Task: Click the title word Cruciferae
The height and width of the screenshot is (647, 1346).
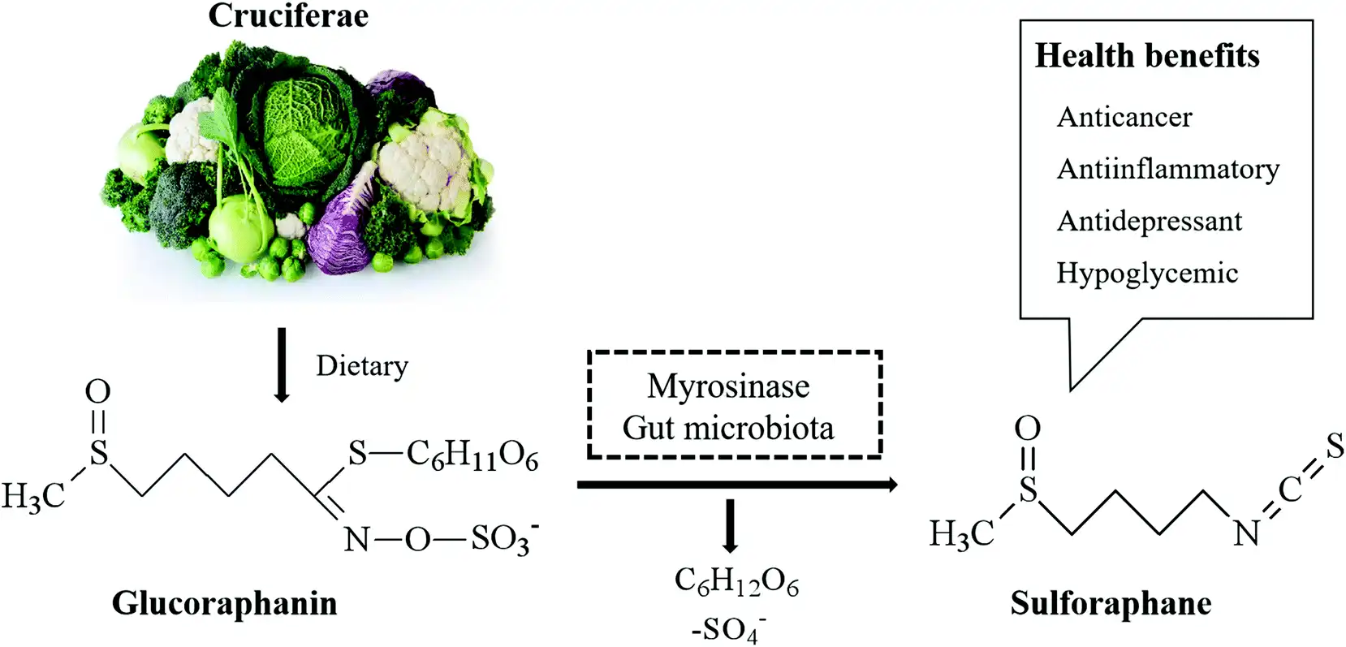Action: (288, 15)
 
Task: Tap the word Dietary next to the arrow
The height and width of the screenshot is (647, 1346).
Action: (361, 366)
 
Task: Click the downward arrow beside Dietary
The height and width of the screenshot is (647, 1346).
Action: (282, 365)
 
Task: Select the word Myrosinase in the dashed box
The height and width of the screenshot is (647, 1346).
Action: (728, 386)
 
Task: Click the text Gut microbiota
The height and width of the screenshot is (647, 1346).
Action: (728, 428)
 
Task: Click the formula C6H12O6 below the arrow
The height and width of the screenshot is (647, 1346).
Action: (736, 583)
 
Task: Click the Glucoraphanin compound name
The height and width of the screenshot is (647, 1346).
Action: (225, 604)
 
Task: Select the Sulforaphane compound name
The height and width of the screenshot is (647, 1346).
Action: (1111, 604)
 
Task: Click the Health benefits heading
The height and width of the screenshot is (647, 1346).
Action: (1147, 56)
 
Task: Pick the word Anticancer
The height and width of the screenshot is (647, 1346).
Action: (1124, 118)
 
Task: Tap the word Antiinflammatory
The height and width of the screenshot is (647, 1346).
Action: (1168, 169)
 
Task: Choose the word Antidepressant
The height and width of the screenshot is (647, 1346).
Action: (1150, 221)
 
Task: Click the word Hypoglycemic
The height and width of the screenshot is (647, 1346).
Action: (1147, 274)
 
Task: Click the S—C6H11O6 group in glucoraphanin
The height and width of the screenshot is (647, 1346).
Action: (442, 455)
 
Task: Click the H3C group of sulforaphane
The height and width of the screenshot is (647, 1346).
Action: (961, 534)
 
